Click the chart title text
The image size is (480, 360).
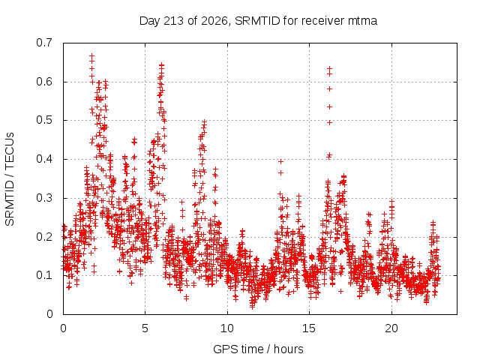click(258, 21)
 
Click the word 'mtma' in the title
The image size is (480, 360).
click(362, 21)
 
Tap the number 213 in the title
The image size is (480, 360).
click(173, 21)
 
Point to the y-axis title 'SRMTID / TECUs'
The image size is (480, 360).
click(10, 179)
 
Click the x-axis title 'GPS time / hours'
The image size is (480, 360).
click(258, 349)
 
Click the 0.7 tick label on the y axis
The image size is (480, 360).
click(44, 43)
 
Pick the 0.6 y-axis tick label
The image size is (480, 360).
click(44, 82)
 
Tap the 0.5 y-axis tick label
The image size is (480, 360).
click(44, 120)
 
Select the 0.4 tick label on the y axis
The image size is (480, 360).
click(44, 159)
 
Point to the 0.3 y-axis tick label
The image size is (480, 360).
click(44, 198)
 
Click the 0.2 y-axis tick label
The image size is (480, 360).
click(44, 237)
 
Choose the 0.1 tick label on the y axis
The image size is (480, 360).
click(44, 275)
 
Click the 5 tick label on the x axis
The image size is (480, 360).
click(145, 328)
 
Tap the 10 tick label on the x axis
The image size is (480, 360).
click(227, 328)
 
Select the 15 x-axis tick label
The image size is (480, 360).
click(309, 328)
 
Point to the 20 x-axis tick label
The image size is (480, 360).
click(391, 328)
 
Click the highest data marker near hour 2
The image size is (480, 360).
click(91, 55)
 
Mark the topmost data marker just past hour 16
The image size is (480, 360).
click(330, 68)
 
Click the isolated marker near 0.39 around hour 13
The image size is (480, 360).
click(280, 162)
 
